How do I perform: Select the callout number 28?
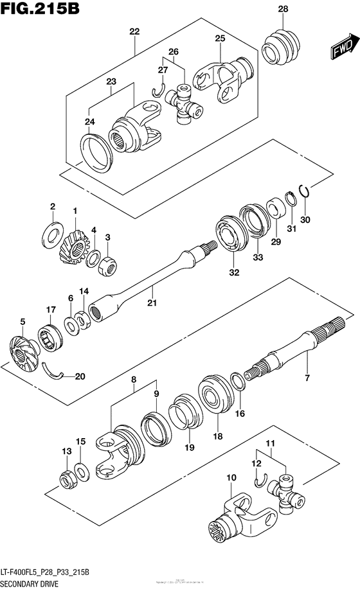283,9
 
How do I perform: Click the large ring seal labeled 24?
98,154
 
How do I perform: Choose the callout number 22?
134,31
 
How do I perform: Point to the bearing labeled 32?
230,236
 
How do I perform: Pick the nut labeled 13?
67,479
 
